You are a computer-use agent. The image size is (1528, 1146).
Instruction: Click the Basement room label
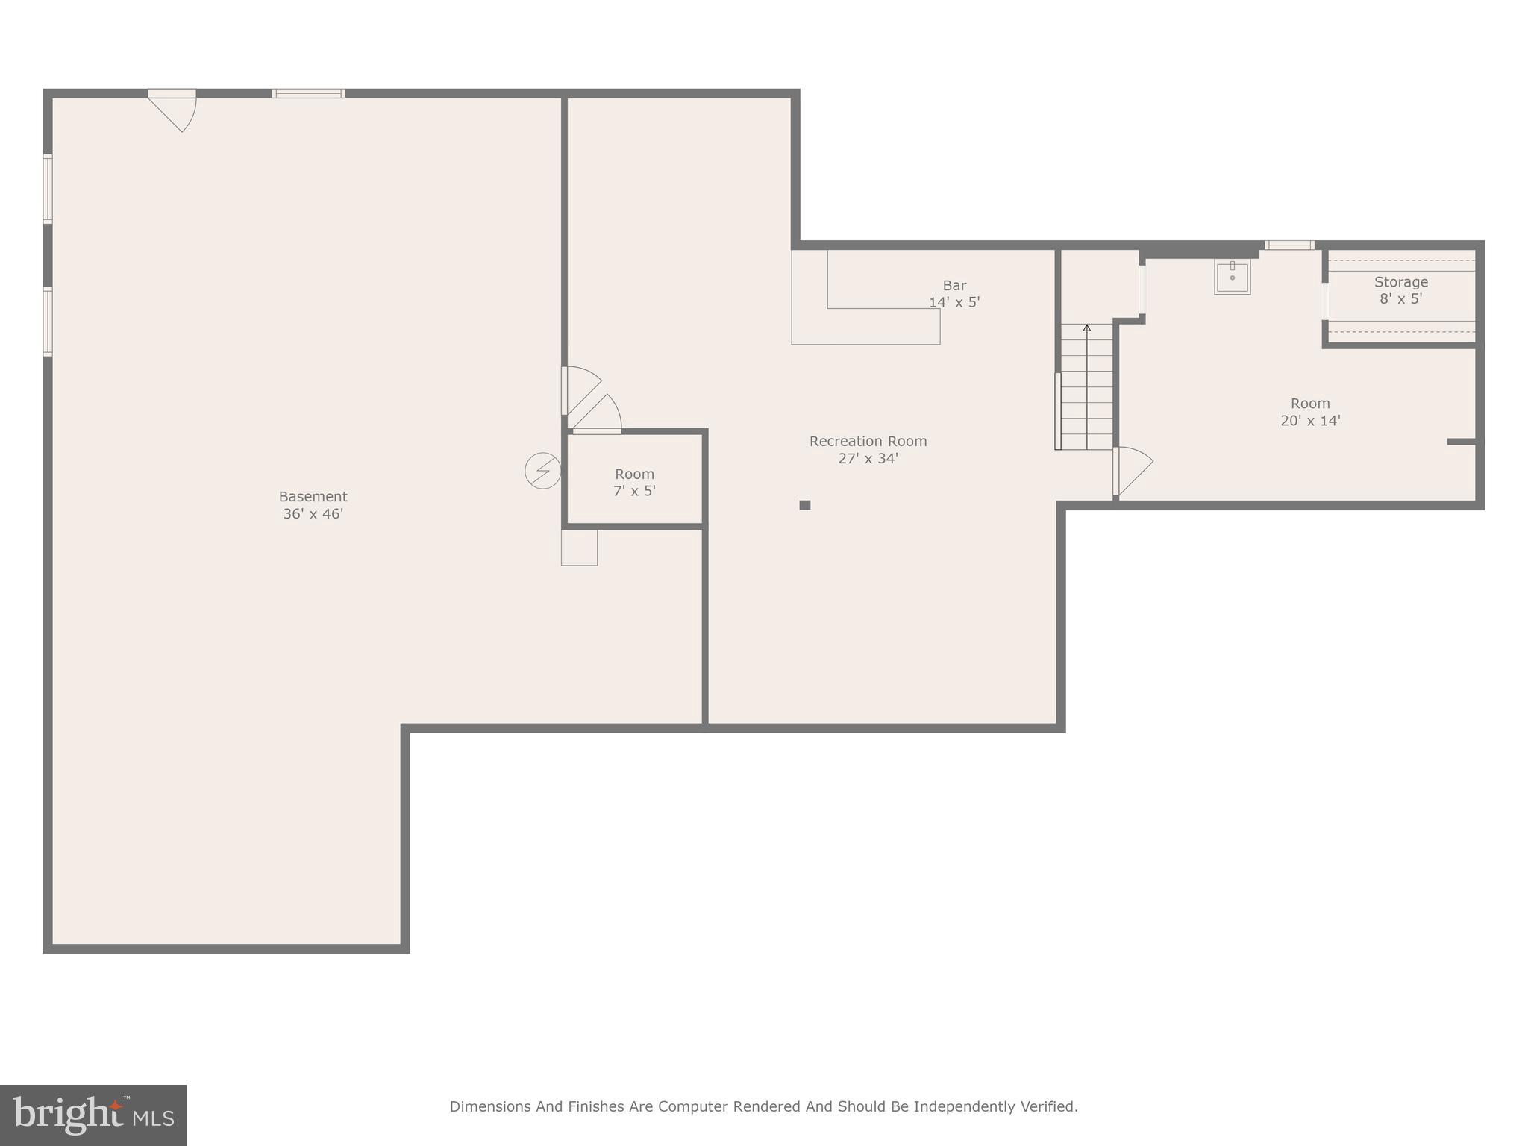313,497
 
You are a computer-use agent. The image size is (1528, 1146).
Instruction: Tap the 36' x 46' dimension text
313,514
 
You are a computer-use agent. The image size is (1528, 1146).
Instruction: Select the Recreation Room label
868,442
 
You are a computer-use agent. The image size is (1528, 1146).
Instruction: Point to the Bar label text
954,286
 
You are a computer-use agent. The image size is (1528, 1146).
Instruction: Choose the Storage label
1400,282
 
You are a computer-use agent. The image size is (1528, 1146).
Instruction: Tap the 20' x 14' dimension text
1310,421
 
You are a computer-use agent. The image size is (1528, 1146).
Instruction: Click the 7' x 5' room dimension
634,491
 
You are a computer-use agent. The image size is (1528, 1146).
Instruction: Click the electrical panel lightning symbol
542,471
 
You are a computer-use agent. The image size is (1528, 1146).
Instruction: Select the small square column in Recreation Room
804,505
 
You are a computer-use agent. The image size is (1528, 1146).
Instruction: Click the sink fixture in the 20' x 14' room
1232,277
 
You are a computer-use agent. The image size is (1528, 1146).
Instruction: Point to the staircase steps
1086,395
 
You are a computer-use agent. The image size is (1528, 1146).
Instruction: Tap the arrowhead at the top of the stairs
1086,328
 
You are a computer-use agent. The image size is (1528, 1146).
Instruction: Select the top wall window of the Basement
308,93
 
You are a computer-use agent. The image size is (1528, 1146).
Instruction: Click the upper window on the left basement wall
48,189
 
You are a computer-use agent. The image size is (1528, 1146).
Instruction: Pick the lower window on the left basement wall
48,322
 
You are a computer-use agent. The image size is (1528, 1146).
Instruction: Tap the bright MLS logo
93,1115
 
